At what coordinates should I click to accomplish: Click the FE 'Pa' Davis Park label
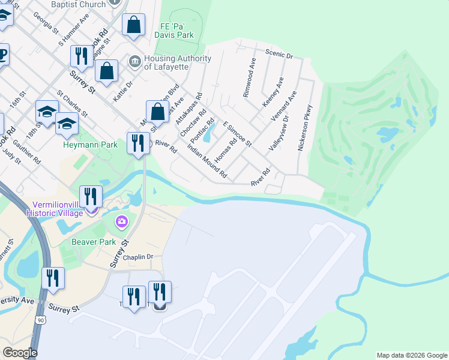click(x=177, y=31)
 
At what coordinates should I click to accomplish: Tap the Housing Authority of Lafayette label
click(x=178, y=62)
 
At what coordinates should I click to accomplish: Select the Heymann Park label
click(x=91, y=145)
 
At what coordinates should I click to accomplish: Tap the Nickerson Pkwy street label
click(x=304, y=128)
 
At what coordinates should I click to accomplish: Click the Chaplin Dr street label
click(x=138, y=257)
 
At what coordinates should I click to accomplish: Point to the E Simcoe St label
click(x=237, y=134)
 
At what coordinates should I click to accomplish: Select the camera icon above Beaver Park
click(x=122, y=223)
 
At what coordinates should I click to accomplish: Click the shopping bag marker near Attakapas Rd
click(x=157, y=112)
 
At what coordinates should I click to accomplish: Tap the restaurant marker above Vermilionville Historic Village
click(x=91, y=196)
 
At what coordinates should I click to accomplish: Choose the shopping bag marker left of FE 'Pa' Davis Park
click(x=133, y=26)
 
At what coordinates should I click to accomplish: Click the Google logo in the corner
click(x=20, y=353)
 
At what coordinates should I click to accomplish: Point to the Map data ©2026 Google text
click(x=411, y=355)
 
